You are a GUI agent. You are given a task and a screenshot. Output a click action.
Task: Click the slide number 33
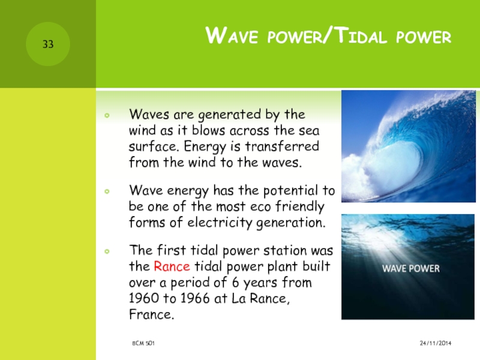48,44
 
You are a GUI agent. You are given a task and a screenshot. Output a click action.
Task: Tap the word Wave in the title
232,35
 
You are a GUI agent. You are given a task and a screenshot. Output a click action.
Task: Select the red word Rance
172,266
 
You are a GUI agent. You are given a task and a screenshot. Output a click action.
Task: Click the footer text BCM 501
143,343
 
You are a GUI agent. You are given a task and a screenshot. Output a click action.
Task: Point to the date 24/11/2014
436,343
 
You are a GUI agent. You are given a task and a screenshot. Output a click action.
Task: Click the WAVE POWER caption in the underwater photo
410,269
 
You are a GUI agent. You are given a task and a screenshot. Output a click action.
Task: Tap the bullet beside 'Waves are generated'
107,115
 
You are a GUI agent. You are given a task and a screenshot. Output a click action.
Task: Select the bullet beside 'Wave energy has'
107,191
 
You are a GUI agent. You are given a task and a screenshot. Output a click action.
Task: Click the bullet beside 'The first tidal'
107,251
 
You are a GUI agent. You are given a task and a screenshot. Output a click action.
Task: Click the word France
152,314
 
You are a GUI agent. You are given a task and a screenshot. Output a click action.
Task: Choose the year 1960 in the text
143,298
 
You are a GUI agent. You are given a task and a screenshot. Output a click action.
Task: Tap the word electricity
220,223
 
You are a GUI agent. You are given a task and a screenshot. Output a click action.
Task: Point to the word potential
290,191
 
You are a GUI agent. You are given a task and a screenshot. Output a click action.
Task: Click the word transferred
282,146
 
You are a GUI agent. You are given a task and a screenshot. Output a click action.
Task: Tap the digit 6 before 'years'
235,282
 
